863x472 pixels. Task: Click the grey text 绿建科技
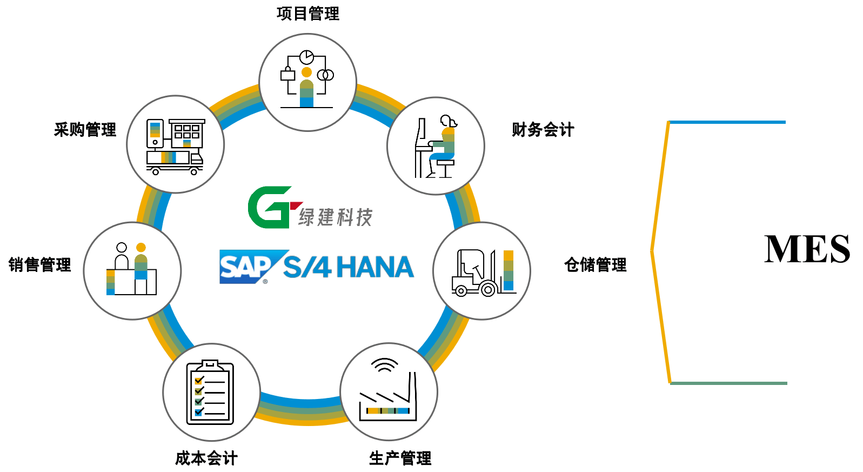click(335, 217)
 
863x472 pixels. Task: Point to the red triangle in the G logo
click(296, 205)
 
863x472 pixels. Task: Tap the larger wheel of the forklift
click(488, 290)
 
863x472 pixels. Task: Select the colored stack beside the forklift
click(509, 270)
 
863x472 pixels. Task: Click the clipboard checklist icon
click(210, 393)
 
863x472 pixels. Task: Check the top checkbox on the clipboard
click(199, 380)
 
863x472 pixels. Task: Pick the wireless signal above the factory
click(385, 366)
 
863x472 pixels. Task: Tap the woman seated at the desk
click(443, 146)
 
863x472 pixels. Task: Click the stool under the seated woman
click(446, 169)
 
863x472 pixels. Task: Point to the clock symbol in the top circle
click(306, 57)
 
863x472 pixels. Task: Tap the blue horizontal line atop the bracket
click(727, 122)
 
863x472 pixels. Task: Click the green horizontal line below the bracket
click(728, 383)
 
